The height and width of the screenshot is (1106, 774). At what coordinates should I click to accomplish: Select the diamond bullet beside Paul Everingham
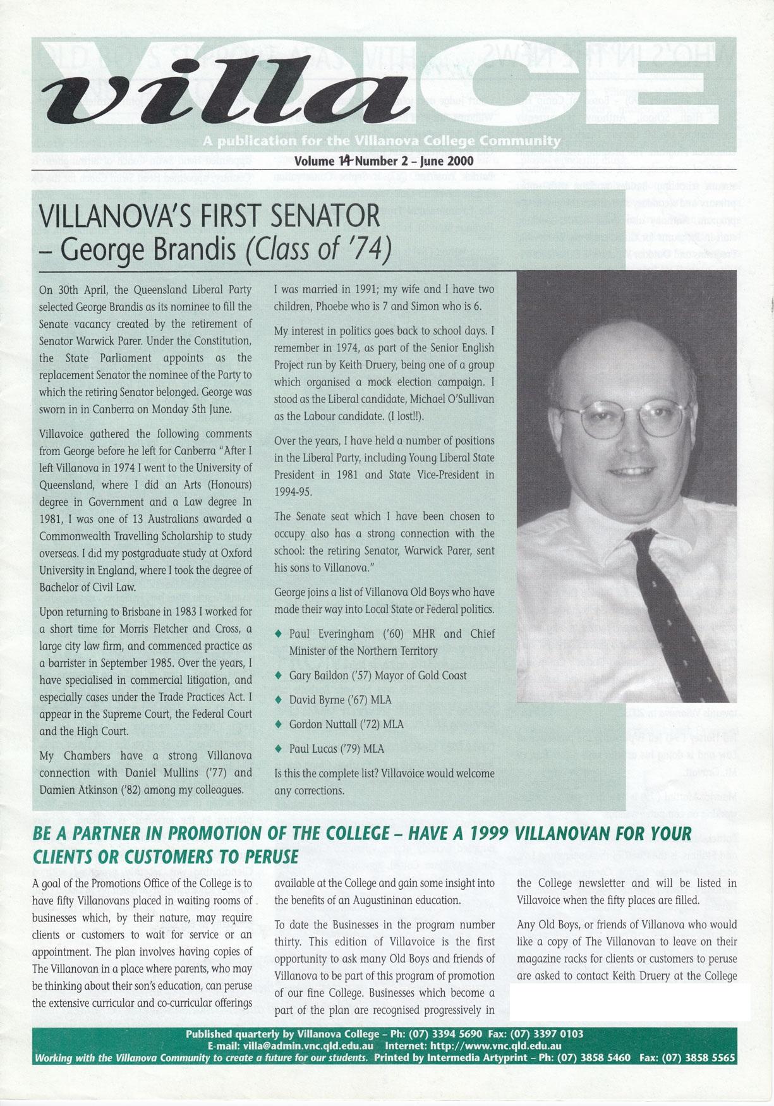point(279,633)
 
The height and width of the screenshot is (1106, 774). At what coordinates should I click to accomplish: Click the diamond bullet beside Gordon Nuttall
point(279,724)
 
